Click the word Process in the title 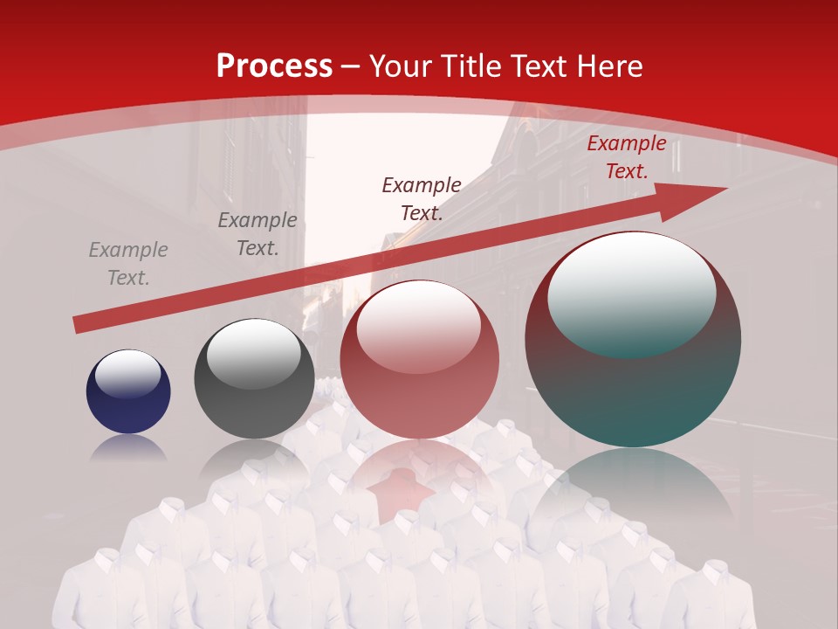pos(274,66)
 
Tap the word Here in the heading pos(608,66)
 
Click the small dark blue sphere pos(128,391)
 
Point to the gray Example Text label pos(128,264)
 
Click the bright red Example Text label pos(626,157)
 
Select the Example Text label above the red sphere pos(422,198)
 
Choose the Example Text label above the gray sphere pos(258,234)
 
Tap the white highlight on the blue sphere pos(127,373)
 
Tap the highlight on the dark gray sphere pos(253,352)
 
